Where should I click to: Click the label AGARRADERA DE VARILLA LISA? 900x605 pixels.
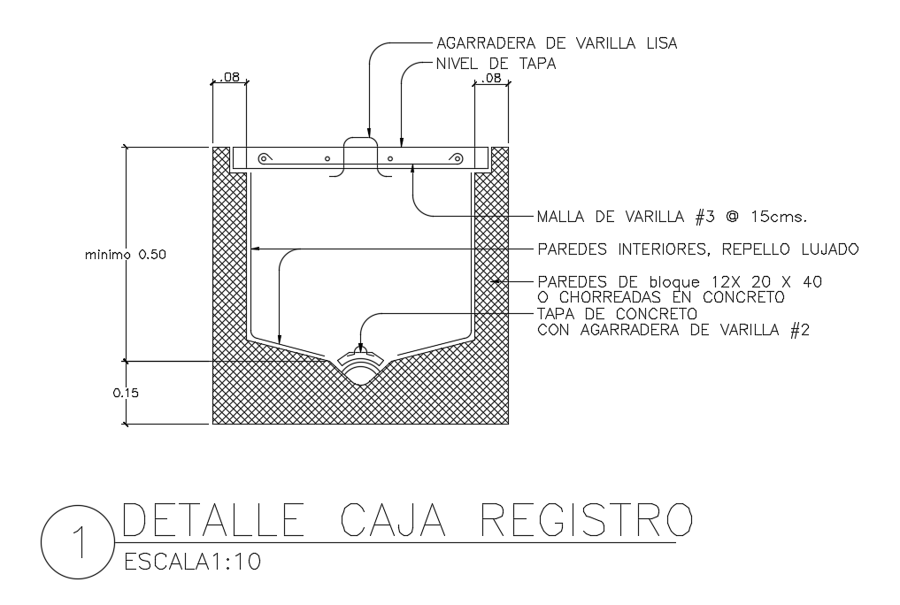coord(557,42)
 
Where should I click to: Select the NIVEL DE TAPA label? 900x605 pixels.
coord(496,63)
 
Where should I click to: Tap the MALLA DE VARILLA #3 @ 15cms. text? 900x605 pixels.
coord(675,216)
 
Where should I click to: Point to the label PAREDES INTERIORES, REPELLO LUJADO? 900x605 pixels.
coord(698,249)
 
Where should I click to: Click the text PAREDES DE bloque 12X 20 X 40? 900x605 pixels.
coord(680,282)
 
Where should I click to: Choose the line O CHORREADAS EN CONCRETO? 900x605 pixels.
coord(660,298)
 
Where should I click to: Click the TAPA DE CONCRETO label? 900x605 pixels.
coord(618,315)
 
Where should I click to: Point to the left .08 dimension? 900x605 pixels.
coord(228,78)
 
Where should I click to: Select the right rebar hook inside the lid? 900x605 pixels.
coord(457,158)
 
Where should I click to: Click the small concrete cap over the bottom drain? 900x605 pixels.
coord(360,358)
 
